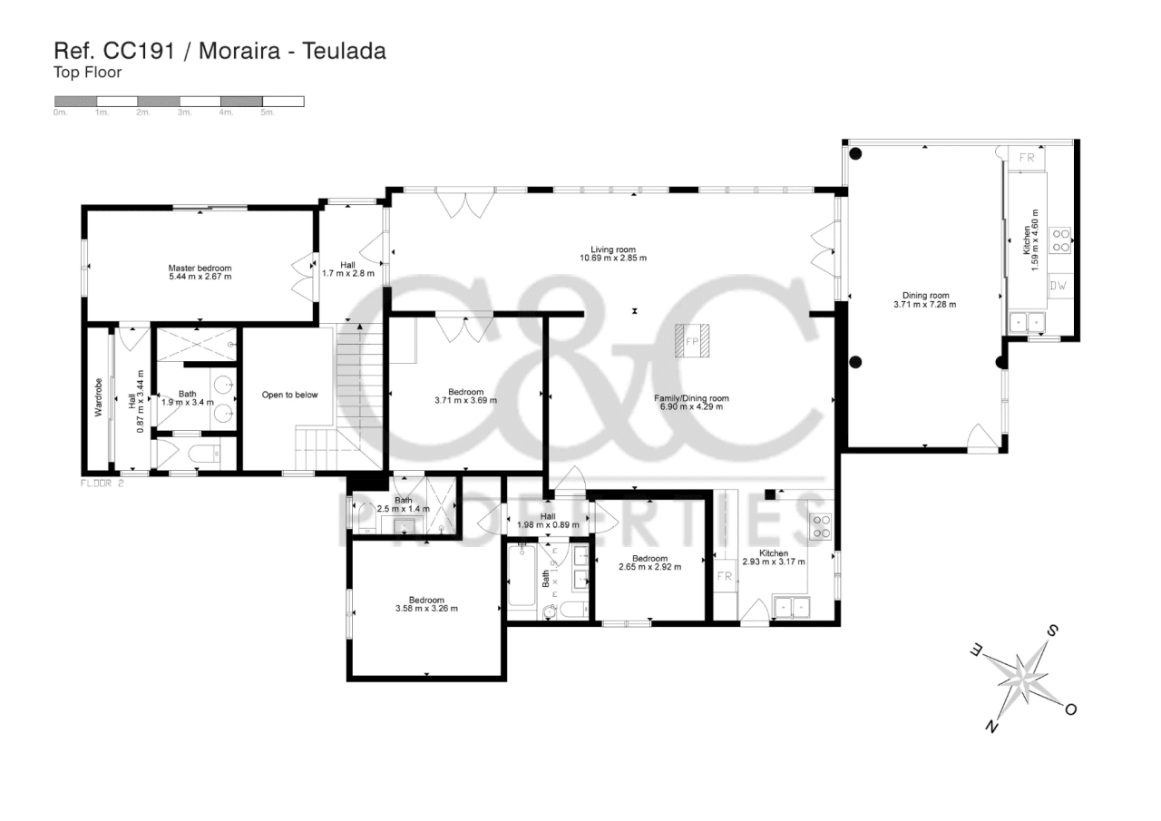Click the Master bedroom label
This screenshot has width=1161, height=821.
[x=200, y=268]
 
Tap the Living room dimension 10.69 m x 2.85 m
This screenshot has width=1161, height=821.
[x=613, y=259]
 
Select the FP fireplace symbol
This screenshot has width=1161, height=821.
[x=692, y=340]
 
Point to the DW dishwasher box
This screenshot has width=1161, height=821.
[x=1060, y=285]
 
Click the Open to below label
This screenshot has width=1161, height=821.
[x=289, y=395]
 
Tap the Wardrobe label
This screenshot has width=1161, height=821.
[x=99, y=397]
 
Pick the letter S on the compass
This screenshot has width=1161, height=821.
[x=1052, y=630]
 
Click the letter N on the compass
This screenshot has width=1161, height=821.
[x=991, y=727]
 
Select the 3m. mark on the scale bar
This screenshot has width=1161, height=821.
[x=185, y=112]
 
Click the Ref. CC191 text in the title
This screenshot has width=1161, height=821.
[x=114, y=51]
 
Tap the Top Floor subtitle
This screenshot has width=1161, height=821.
[x=88, y=72]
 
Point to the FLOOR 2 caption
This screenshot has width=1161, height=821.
[x=102, y=484]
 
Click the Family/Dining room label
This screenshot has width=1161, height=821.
[x=691, y=398]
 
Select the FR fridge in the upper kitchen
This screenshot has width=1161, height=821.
[x=1026, y=158]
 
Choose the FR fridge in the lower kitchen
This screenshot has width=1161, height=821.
[x=725, y=576]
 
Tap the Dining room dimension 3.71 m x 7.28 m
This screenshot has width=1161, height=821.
[x=925, y=305]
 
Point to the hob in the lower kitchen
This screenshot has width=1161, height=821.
[x=822, y=526]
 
